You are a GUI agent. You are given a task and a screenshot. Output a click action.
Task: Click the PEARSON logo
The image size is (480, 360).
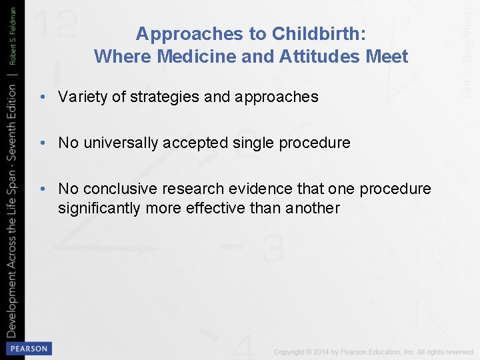pos(28,349)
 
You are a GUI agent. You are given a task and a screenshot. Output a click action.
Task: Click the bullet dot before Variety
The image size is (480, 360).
pos(42,97)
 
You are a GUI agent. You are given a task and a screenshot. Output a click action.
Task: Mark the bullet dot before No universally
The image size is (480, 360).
pos(42,143)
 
